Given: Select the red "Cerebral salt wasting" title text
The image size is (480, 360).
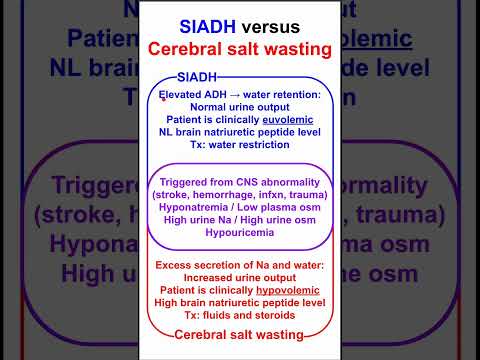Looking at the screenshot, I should (239, 49).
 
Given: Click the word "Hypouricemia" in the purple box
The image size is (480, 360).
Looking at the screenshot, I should (239, 232).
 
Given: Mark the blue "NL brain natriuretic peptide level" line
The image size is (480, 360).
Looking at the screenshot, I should (239, 131).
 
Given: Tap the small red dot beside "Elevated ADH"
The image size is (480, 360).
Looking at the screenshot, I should (163, 98).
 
